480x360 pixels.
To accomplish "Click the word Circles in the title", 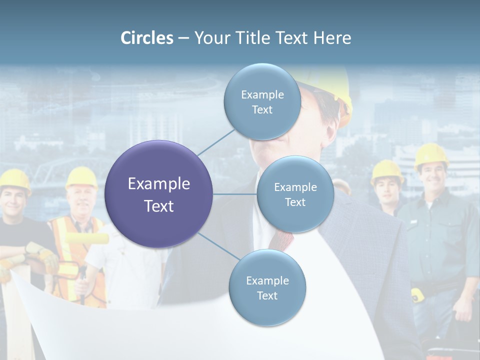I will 147,38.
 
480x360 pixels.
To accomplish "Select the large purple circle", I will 159,194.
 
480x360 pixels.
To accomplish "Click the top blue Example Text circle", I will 262,102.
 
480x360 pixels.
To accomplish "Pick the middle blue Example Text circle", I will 295,194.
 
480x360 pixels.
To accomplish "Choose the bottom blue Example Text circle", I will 267,288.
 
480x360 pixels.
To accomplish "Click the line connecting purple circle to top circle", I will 216,141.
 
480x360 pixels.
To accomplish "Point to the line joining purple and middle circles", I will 235,194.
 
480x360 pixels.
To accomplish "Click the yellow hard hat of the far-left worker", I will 14,180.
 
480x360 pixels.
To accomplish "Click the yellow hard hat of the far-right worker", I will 430,155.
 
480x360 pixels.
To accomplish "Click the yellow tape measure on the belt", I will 417,294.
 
